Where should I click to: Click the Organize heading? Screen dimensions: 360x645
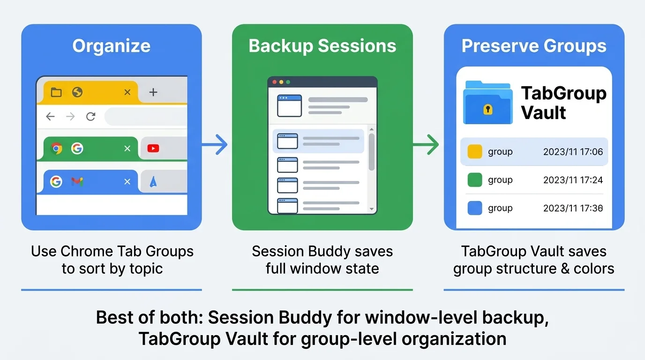112,46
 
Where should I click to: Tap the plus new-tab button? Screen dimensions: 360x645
153,92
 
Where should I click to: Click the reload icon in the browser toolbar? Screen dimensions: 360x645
90,117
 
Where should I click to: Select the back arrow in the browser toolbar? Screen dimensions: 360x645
50,117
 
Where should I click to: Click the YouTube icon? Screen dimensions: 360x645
153,149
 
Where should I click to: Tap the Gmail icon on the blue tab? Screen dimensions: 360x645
77,181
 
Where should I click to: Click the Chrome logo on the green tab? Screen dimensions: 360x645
56,149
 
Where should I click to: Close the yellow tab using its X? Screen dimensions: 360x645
127,92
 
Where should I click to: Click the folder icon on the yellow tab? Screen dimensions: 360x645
56,92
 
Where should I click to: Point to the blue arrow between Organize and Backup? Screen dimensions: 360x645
216,145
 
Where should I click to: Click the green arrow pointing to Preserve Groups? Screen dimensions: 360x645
427,145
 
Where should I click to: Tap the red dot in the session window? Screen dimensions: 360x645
275,82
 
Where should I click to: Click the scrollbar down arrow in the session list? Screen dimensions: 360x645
372,209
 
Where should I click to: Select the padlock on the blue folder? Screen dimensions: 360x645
487,109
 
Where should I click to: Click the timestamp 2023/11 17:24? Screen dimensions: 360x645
573,180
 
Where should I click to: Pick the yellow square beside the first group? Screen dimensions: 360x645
475,152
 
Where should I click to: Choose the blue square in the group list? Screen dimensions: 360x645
475,208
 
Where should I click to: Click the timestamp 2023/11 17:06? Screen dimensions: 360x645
573,152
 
